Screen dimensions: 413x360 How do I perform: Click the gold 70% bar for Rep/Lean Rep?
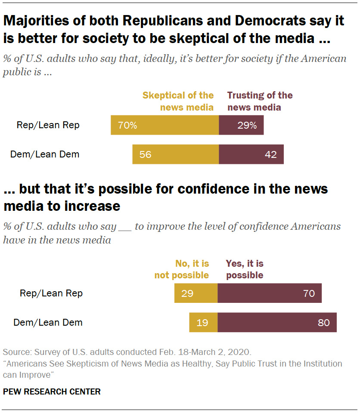coord(165,126)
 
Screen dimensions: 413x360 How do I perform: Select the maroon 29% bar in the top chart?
coord(241,126)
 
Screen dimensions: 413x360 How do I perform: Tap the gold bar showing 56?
coord(176,154)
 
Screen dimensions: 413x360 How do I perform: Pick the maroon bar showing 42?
coord(251,154)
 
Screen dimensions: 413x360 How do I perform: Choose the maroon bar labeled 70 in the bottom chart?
coord(270,294)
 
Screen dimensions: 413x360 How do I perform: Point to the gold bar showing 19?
coord(203,322)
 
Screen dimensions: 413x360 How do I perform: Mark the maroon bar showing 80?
coord(277,322)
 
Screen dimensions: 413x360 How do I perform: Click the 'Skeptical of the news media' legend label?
coord(178,101)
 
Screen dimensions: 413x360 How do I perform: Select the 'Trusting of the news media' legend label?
coord(260,101)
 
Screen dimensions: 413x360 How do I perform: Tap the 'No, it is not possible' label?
coord(182,269)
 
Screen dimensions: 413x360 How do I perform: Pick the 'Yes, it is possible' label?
coord(245,269)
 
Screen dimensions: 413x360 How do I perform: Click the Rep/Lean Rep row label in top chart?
coord(48,125)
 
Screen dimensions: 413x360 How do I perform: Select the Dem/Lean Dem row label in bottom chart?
coord(48,322)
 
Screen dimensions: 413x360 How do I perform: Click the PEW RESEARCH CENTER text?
coord(52,391)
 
